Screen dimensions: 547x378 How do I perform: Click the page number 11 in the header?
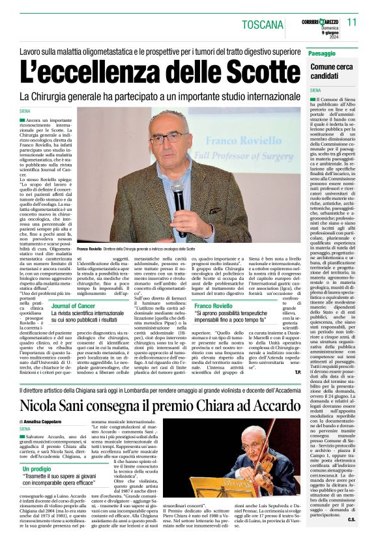pyautogui.click(x=352, y=21)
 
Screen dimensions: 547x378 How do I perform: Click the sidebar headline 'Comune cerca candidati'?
pyautogui.click(x=333, y=71)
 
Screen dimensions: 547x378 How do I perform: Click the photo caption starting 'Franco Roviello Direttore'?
pyautogui.click(x=136, y=249)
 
